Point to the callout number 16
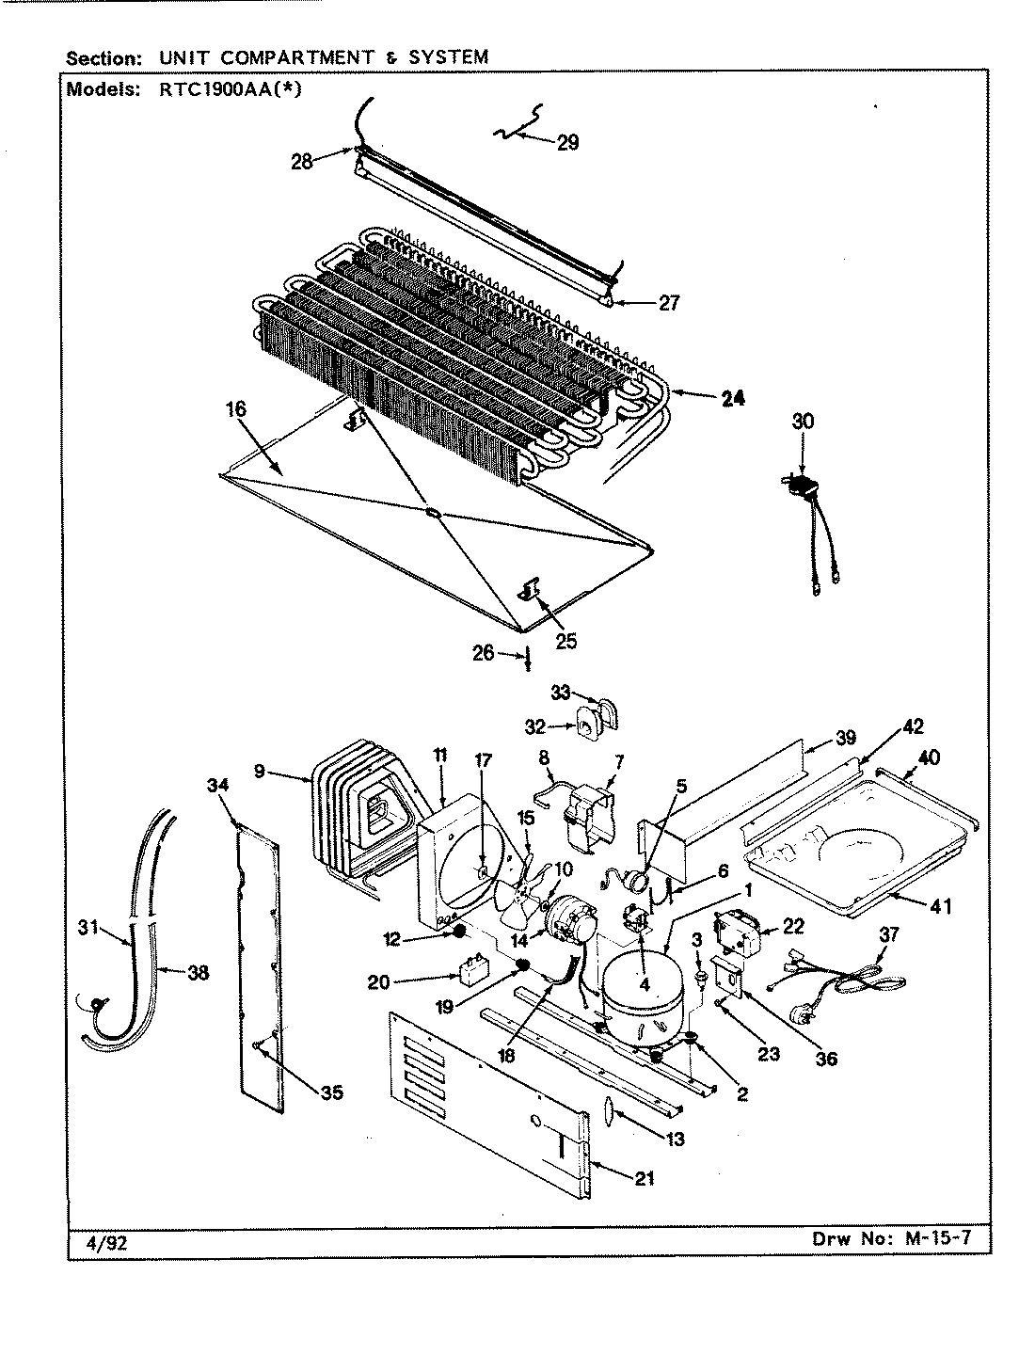coord(235,409)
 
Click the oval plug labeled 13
coord(605,1112)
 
